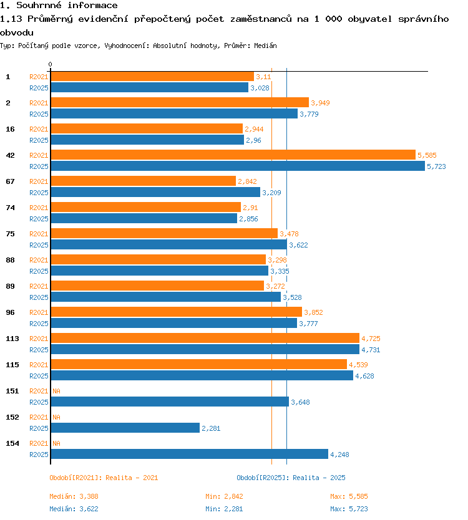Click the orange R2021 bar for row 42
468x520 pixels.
[233, 155]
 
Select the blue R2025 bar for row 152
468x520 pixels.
[125, 428]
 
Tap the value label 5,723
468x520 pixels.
[436, 166]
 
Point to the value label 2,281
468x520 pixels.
[211, 428]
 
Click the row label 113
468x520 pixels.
[12, 339]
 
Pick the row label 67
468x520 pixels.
[10, 181]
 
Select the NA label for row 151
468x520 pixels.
[56, 391]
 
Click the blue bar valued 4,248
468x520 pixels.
[190, 454]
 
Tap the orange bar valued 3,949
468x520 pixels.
[180, 102]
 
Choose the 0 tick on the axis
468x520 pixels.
[50, 64]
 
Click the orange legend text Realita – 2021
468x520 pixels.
[132, 478]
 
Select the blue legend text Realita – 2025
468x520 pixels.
[319, 478]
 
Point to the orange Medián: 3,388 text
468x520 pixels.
[74, 496]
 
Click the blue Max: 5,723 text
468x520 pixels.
[349, 509]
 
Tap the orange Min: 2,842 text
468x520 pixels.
[224, 496]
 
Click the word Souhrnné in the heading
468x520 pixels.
[39, 6]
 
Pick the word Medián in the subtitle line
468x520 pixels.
[265, 46]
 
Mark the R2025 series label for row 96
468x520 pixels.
[39, 324]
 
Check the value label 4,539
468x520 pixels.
[358, 365]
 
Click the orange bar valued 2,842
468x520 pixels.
[143, 181]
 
